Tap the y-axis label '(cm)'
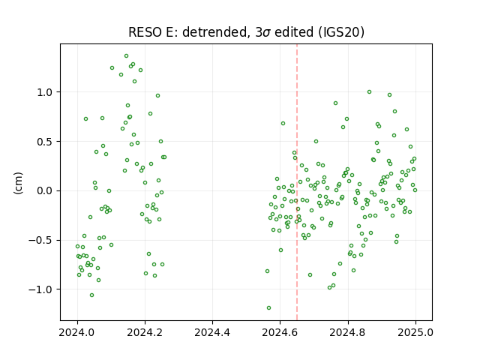click(18, 183)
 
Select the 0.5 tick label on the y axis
click(45, 142)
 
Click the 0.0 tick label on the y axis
click(45, 191)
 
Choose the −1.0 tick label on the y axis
click(41, 289)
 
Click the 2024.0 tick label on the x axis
click(77, 332)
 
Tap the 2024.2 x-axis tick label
click(145, 332)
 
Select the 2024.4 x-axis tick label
click(212, 332)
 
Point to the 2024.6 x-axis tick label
click(280, 332)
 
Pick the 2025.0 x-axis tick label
click(415, 332)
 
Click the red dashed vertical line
click(297, 182)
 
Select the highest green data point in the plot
click(126, 56)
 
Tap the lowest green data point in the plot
click(268, 308)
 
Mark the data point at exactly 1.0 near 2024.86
click(369, 91)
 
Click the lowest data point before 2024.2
click(91, 295)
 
